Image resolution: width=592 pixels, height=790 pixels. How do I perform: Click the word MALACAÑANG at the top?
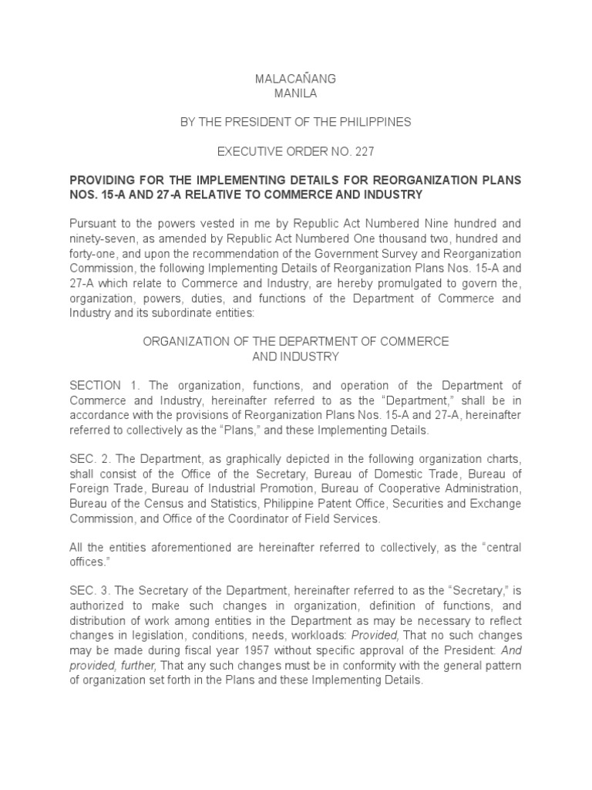(295, 79)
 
